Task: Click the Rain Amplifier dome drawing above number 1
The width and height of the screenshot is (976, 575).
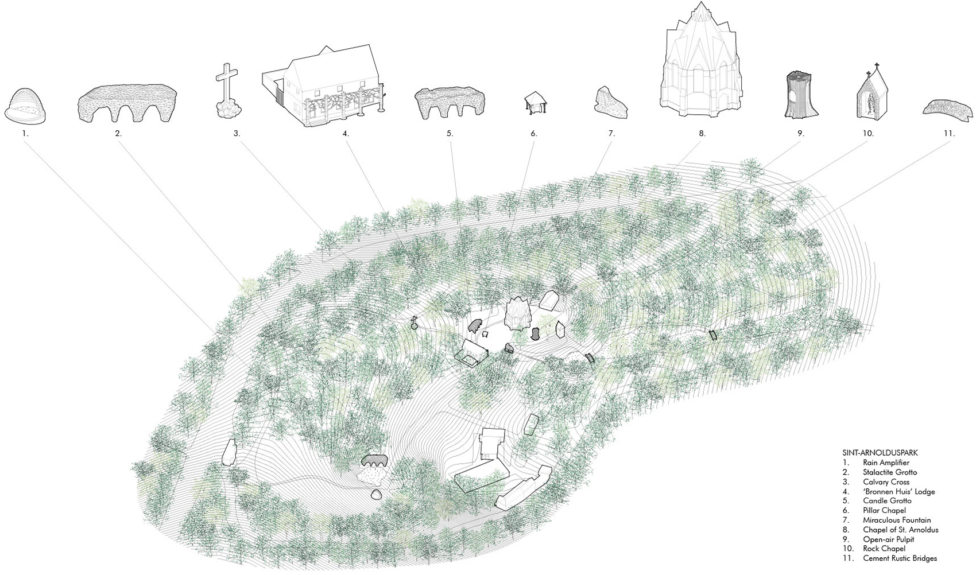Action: (25, 106)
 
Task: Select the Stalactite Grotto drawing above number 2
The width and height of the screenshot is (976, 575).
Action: (127, 104)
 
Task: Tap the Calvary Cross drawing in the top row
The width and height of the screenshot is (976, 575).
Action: (228, 91)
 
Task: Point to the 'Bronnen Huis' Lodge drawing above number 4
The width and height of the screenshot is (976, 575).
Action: (324, 86)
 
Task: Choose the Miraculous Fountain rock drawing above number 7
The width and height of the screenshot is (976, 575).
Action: (610, 103)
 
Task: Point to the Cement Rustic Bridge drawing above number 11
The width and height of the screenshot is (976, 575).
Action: (948, 107)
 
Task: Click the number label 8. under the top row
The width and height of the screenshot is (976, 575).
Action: (702, 134)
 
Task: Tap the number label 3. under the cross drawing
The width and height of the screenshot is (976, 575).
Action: (237, 134)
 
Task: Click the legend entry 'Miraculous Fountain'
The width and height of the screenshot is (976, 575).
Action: (897, 520)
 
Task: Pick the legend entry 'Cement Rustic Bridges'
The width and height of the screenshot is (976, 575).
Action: (900, 558)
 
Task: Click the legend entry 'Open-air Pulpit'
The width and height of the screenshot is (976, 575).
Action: (888, 539)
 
